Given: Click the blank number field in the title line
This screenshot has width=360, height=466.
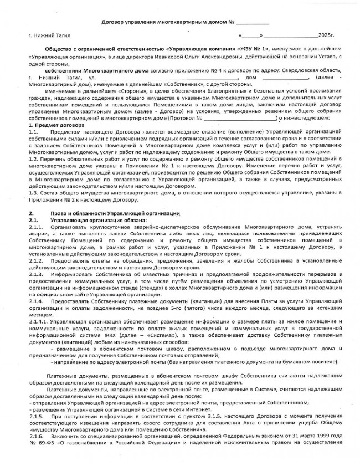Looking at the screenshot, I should point(252,22).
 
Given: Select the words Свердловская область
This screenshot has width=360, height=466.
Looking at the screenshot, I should point(305,71).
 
